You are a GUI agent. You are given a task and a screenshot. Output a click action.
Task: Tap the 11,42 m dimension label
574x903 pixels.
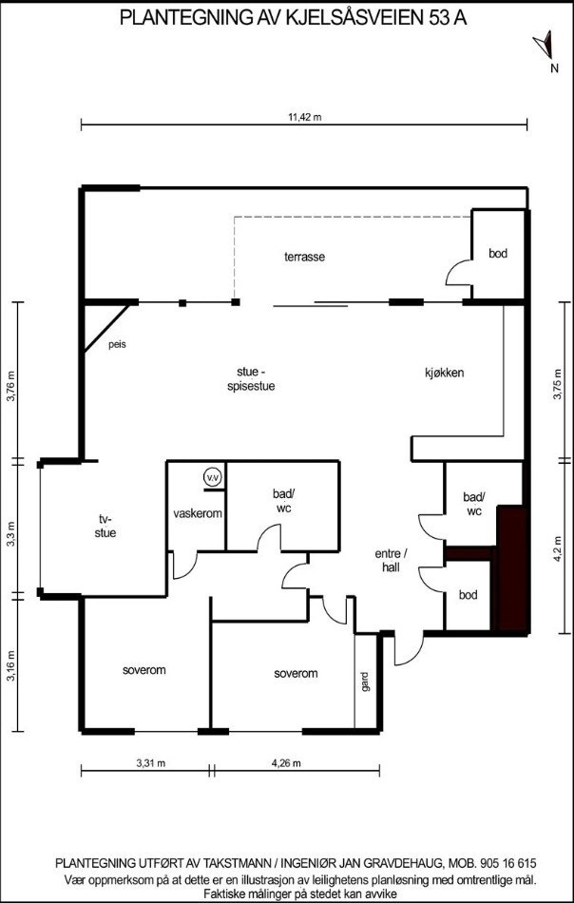305,117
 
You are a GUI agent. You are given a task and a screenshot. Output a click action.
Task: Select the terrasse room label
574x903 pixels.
305,257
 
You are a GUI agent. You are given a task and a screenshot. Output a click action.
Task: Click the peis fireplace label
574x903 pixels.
117,344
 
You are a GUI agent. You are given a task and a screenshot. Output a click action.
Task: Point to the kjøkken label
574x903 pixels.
444,373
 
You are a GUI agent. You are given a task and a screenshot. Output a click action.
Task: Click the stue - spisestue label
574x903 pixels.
250,379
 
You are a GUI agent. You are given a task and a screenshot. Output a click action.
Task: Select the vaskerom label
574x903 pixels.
198,513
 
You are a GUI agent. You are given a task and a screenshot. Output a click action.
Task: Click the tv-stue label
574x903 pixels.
105,526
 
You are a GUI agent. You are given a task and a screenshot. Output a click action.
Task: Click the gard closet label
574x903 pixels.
364,682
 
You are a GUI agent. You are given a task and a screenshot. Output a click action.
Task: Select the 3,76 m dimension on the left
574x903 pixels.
12,385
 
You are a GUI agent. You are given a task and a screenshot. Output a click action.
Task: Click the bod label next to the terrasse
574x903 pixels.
498,254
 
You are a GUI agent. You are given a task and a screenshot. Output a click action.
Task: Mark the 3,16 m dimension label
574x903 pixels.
12,667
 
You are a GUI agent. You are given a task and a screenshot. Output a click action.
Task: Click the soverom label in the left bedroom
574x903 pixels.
144,670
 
